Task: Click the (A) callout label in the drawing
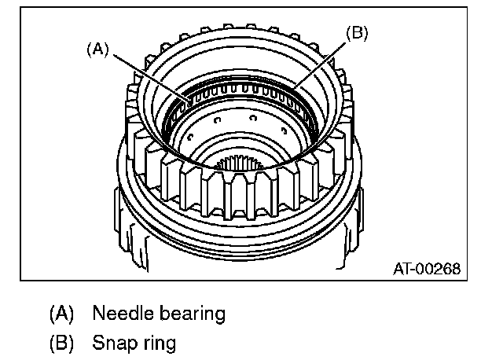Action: pos(97,49)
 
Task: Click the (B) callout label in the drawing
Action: pos(357,32)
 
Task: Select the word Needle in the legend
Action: pos(119,314)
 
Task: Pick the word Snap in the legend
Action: pos(112,343)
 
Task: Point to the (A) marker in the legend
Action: pos(61,314)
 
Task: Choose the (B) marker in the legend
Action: pos(61,343)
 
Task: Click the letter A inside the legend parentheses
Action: pos(61,314)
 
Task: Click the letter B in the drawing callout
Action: pos(357,32)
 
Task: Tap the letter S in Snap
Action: pos(97,343)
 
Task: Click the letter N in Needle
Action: pos(98,314)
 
